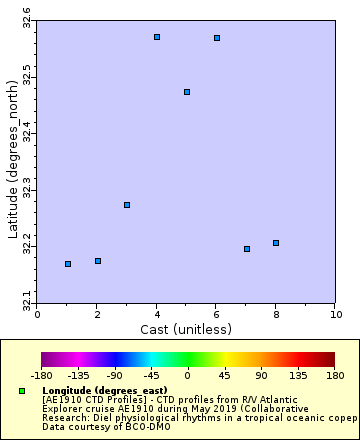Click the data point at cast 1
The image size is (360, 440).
pyautogui.click(x=68, y=264)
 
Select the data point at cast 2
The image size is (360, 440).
pyautogui.click(x=98, y=261)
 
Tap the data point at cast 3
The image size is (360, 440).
pyautogui.click(x=127, y=205)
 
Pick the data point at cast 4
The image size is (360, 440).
pyautogui.click(x=157, y=37)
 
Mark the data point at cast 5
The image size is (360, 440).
pyautogui.click(x=187, y=92)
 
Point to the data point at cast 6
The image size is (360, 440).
pyautogui.click(x=217, y=38)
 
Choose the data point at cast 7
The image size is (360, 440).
pyautogui.click(x=247, y=249)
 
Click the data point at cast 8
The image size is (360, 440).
pyautogui.click(x=276, y=243)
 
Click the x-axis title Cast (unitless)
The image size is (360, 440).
pyautogui.click(x=187, y=328)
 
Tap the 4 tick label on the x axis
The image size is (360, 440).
pyautogui.click(x=157, y=313)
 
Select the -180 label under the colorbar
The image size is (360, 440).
pyautogui.click(x=41, y=376)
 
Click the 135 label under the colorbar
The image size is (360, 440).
pyautogui.click(x=297, y=376)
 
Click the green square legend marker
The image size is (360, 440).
pyautogui.click(x=22, y=389)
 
